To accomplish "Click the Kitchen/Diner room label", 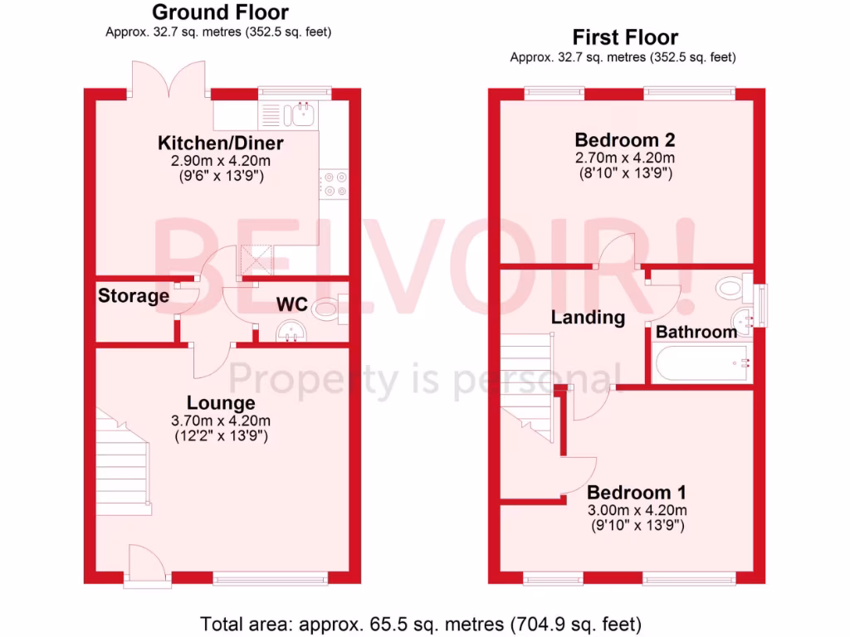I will (x=221, y=143).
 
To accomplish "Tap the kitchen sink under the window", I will (x=299, y=114).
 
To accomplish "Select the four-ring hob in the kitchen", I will (x=335, y=183).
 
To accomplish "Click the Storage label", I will (x=134, y=295).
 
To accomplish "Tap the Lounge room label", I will (x=221, y=403).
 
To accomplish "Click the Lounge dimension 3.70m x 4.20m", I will (x=221, y=420).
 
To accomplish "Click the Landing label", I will (x=588, y=317).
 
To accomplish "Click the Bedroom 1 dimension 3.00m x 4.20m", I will (x=637, y=510).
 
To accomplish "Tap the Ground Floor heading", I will (x=220, y=12).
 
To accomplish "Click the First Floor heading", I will (x=625, y=37).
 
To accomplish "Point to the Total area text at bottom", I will (x=421, y=623).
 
